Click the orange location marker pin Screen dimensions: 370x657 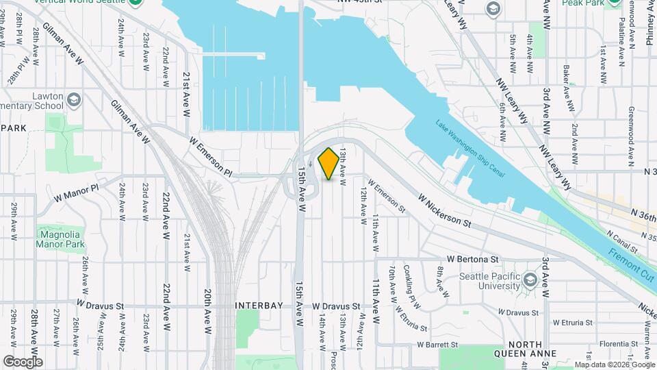click(328, 164)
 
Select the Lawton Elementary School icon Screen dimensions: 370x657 click(74, 102)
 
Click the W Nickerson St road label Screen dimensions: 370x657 click(445, 212)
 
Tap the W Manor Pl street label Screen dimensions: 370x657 click(77, 192)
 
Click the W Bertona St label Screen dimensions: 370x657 click(472, 259)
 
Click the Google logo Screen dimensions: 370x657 click(23, 361)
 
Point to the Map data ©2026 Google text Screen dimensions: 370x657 click(615, 365)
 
